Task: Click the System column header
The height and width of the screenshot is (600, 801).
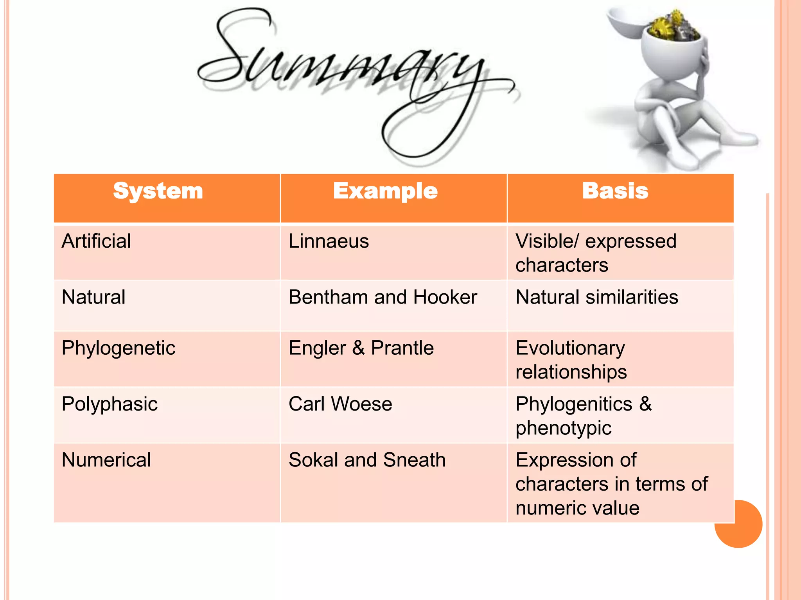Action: click(x=158, y=191)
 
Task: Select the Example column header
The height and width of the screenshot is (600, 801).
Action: click(x=385, y=191)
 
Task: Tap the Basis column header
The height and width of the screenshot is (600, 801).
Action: click(x=615, y=191)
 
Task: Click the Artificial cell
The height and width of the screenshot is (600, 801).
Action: click(x=96, y=241)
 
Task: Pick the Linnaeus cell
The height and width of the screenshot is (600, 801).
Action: click(x=329, y=241)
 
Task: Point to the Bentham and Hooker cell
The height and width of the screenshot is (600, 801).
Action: click(x=383, y=297)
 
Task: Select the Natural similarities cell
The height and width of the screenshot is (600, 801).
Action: click(x=596, y=297)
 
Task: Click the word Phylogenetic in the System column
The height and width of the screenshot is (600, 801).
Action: click(x=119, y=348)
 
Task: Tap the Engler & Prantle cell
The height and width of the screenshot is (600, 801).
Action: click(x=361, y=348)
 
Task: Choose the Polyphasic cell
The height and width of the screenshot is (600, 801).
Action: click(x=110, y=404)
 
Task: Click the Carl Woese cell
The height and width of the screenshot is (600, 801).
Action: click(x=340, y=404)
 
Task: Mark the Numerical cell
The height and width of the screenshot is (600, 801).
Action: click(x=106, y=460)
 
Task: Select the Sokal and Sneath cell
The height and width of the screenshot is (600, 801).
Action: click(x=367, y=460)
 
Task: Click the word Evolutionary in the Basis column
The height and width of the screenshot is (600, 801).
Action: click(x=570, y=348)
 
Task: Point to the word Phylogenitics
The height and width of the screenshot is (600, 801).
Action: click(x=573, y=404)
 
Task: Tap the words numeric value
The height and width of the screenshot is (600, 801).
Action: click(x=577, y=508)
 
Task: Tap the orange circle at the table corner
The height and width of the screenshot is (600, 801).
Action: click(x=743, y=531)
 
